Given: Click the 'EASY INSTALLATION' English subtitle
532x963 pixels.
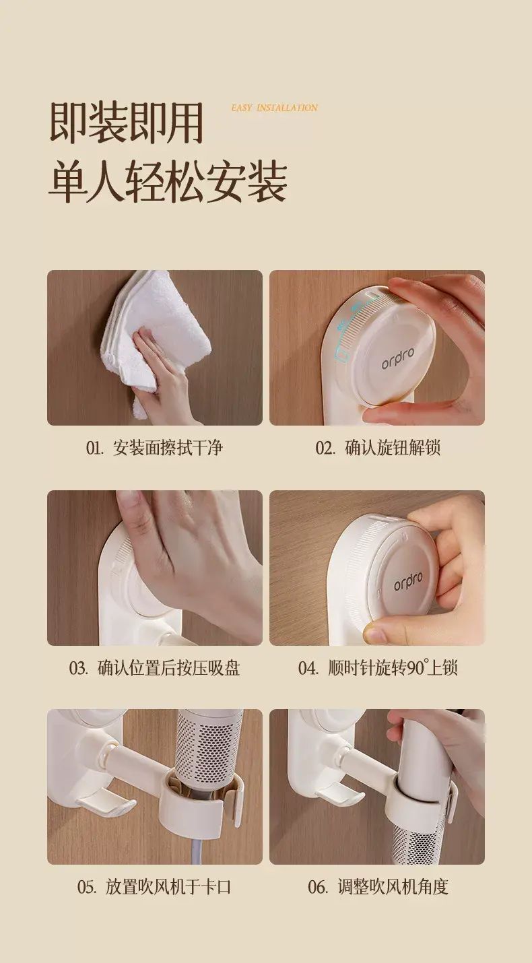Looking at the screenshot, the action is click(x=274, y=108).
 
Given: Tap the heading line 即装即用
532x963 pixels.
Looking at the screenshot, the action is click(x=126, y=123).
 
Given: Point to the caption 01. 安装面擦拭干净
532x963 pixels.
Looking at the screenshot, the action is click(x=154, y=448).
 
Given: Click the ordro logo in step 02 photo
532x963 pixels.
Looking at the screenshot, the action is click(x=398, y=358).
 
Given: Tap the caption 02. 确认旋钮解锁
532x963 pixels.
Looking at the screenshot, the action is click(x=378, y=448).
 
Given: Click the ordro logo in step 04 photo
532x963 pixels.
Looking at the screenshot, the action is click(x=409, y=581).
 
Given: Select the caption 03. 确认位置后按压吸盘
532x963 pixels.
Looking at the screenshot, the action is click(x=154, y=667).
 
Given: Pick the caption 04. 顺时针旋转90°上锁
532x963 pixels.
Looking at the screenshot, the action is click(x=378, y=667).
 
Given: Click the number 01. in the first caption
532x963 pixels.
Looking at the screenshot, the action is click(x=95, y=448).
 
